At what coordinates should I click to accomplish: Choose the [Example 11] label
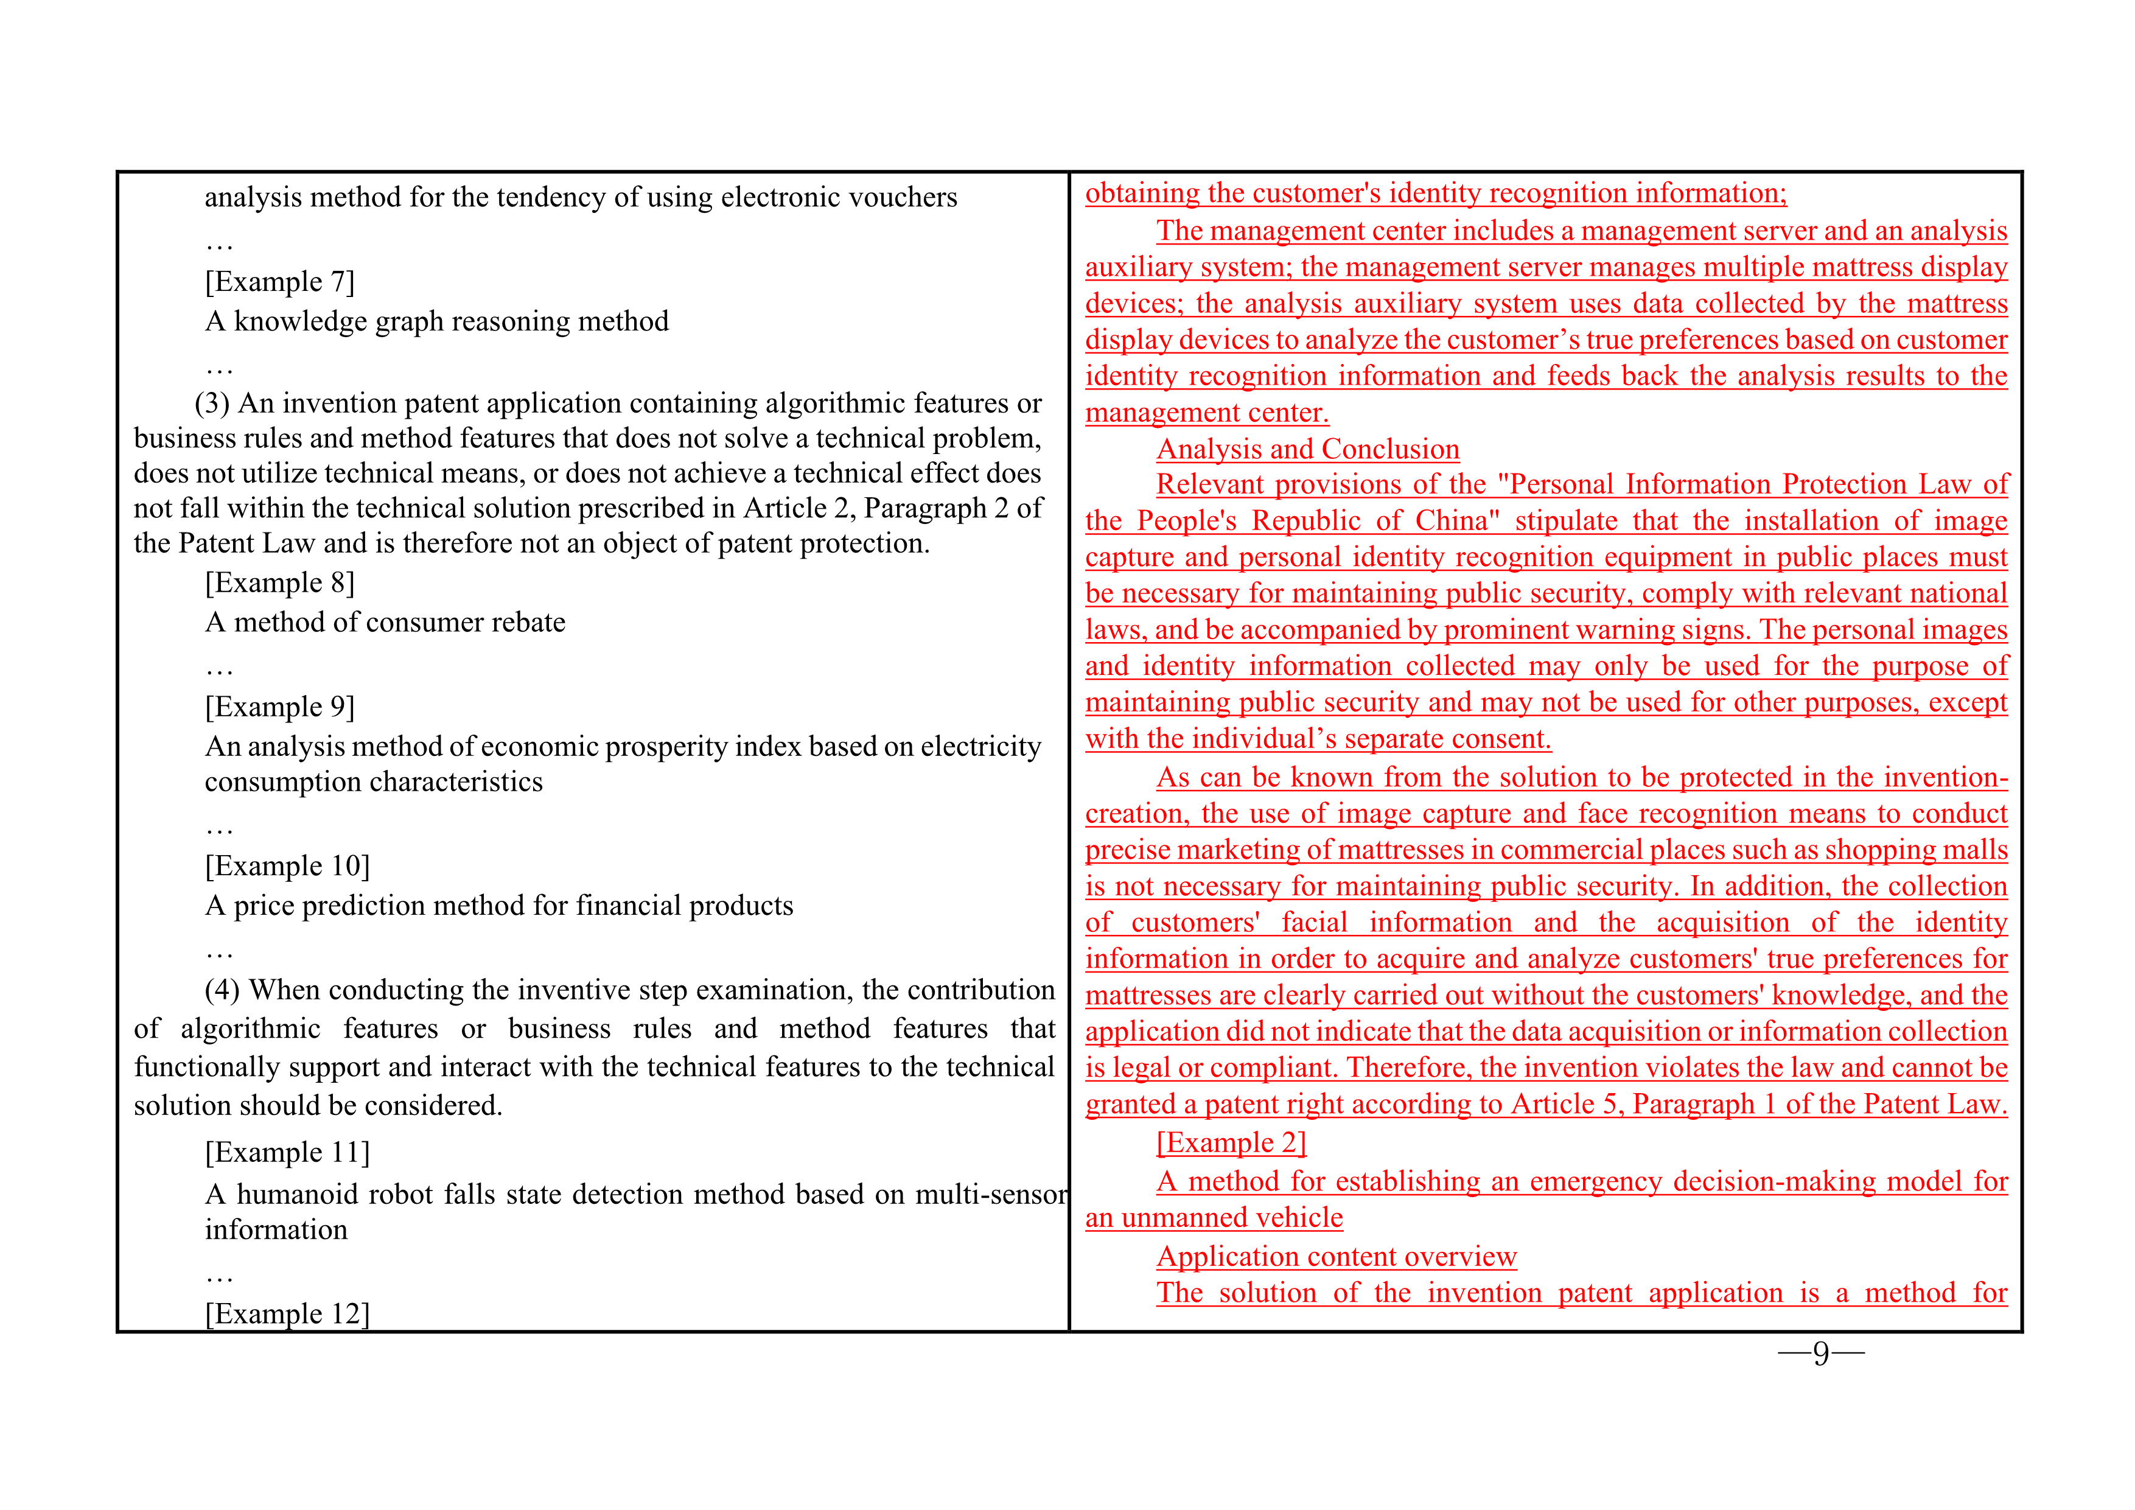[x=287, y=1152]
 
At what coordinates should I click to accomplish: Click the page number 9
[x=1821, y=1353]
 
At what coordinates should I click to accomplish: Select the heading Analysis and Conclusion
[x=1307, y=449]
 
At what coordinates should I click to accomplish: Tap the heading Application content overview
[x=1337, y=1256]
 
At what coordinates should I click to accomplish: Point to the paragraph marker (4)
[x=222, y=990]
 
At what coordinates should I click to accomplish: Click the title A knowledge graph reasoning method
[x=437, y=322]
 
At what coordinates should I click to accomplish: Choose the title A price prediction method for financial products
[x=499, y=906]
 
